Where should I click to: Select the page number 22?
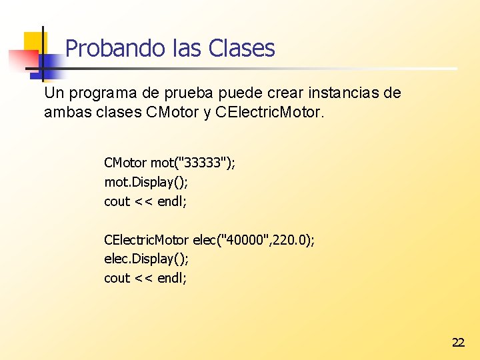click(x=458, y=343)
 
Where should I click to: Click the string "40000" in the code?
click(x=248, y=239)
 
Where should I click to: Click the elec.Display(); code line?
click(x=146, y=259)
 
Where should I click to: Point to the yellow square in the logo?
click(x=35, y=43)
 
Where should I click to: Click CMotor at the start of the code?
click(x=125, y=163)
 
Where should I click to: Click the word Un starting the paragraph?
click(x=53, y=93)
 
